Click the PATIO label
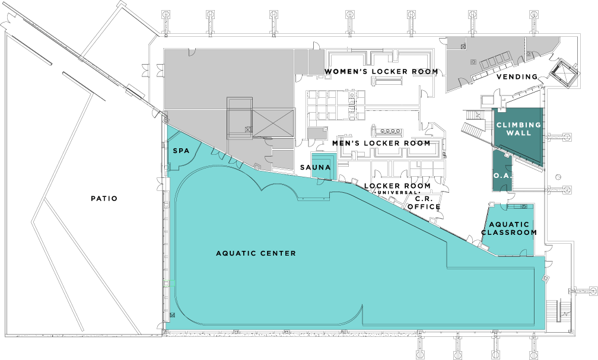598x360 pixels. click(x=104, y=199)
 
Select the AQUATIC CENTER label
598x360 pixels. click(x=256, y=254)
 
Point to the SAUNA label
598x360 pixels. click(x=315, y=168)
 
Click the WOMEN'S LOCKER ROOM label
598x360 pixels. click(x=381, y=72)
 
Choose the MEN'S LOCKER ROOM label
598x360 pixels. click(x=381, y=143)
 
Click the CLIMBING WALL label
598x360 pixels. click(x=519, y=129)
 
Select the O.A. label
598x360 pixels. click(x=500, y=176)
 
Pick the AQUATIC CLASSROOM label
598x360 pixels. click(x=508, y=228)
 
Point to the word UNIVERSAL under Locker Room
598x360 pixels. click(x=397, y=193)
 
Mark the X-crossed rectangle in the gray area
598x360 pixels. click(x=272, y=123)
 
